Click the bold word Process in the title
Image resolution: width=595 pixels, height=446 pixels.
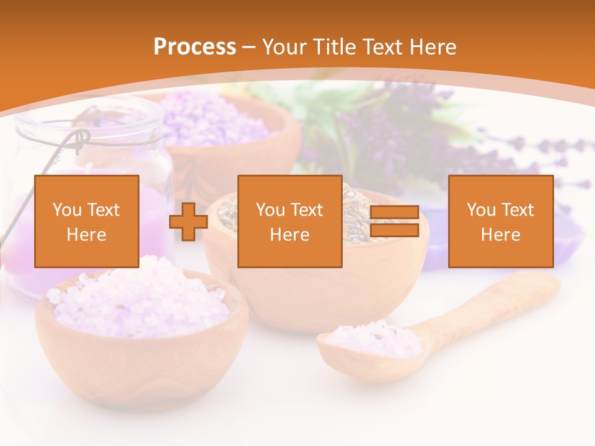point(195,47)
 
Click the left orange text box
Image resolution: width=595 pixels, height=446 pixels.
point(87,221)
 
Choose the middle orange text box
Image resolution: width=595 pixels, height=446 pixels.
point(289,221)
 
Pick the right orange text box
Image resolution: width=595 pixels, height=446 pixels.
point(500,221)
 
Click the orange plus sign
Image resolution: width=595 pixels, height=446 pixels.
point(188,222)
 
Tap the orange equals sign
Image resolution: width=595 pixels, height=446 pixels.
point(394,221)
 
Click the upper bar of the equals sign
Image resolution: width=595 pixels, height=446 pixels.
point(394,212)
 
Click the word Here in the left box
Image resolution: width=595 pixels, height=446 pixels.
point(87,234)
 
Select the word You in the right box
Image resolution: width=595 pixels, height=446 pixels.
point(481,210)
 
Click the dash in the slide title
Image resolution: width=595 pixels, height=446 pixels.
point(249,47)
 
